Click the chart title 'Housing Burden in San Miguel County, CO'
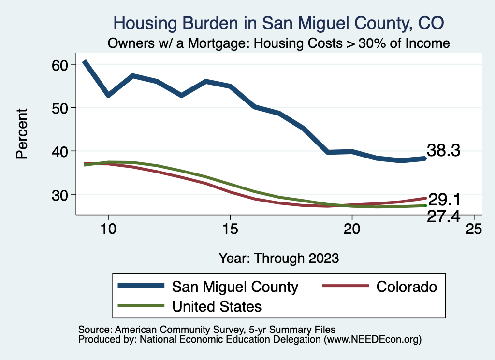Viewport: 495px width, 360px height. pyautogui.click(x=278, y=22)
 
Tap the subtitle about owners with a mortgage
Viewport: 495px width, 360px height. pyautogui.click(x=279, y=43)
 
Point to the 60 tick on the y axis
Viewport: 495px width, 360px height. pyautogui.click(x=63, y=64)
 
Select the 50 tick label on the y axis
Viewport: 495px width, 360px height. pyautogui.click(x=63, y=107)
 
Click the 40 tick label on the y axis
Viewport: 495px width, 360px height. pyautogui.click(x=63, y=151)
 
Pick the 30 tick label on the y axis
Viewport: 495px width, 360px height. pyautogui.click(x=63, y=194)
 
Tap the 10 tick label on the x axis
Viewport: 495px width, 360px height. pyautogui.click(x=108, y=228)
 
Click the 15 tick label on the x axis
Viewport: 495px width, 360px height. pyautogui.click(x=230, y=228)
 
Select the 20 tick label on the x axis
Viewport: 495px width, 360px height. pyautogui.click(x=351, y=228)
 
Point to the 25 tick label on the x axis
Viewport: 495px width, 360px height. pyautogui.click(x=473, y=228)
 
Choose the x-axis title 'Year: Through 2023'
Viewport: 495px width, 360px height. pyautogui.click(x=278, y=257)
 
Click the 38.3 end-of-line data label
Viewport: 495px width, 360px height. pyautogui.click(x=443, y=150)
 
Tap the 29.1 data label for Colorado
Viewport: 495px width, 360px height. pyautogui.click(x=443, y=199)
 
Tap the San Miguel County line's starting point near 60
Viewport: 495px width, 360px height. pyautogui.click(x=85, y=62)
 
